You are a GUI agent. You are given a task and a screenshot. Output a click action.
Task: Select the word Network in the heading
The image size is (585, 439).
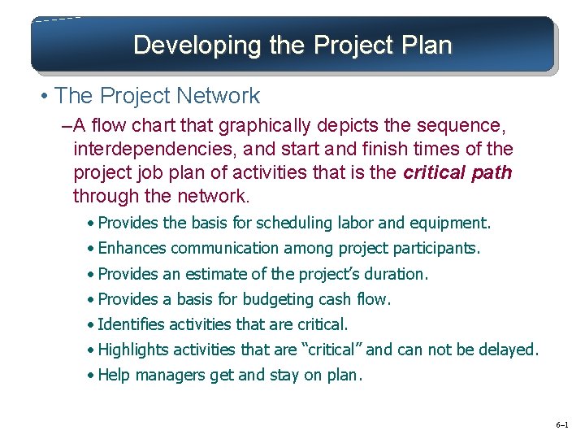222,96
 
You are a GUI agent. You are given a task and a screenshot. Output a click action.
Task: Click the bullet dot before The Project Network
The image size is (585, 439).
45,96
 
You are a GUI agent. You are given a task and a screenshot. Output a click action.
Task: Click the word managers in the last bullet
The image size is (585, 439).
166,376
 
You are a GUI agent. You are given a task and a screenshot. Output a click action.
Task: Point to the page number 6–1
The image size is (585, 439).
562,424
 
